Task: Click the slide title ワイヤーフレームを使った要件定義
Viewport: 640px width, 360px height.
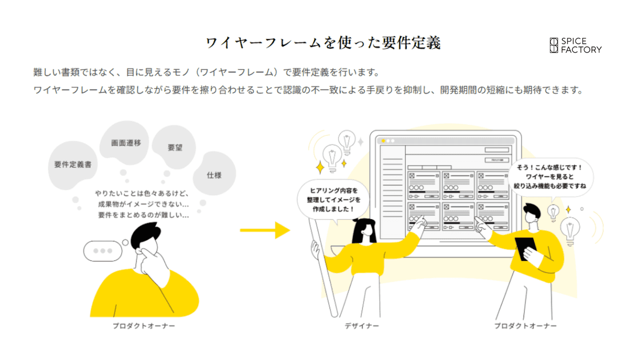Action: (x=323, y=43)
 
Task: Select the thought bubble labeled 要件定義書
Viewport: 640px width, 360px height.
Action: (x=73, y=164)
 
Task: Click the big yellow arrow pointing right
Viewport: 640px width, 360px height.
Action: (x=264, y=230)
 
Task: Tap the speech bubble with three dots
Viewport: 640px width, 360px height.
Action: (x=102, y=251)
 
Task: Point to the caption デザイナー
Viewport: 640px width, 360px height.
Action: (x=362, y=326)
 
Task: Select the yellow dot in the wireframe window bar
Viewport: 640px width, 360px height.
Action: (x=383, y=141)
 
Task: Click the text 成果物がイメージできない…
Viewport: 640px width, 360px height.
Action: (x=143, y=205)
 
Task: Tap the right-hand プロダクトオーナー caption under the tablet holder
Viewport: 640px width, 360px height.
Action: (x=525, y=326)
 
